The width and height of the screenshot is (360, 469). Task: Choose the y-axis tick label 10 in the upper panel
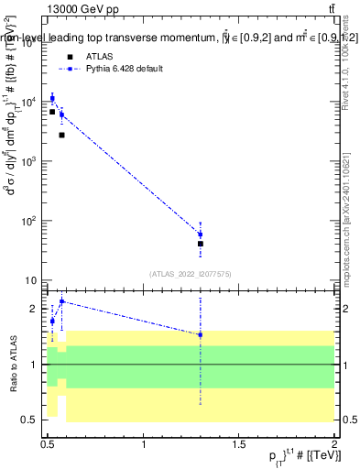coord(33,280)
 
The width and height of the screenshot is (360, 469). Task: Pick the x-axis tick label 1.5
coord(238,445)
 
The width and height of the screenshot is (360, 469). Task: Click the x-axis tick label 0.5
coord(48,445)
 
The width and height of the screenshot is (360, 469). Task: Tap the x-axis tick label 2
coord(333,445)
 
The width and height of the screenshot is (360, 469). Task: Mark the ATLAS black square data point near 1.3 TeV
coord(200,244)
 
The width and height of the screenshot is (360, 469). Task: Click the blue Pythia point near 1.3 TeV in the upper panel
coord(200,234)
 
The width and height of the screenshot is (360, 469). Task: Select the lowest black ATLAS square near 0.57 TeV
coord(61,135)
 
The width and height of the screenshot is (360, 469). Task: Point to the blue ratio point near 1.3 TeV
coord(200,334)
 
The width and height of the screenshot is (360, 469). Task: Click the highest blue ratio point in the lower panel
coord(61,301)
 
